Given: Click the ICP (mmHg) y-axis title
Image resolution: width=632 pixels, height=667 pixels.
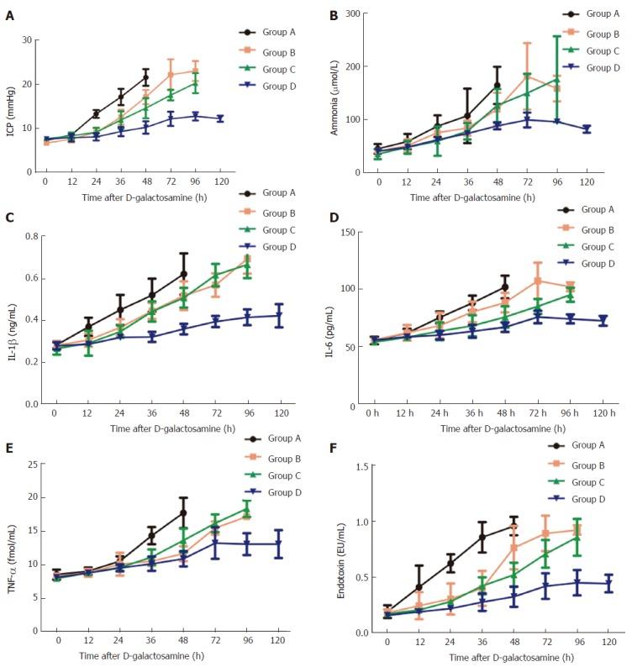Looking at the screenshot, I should pyautogui.click(x=11, y=105).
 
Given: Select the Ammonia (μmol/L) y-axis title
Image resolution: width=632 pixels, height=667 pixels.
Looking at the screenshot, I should pyautogui.click(x=333, y=92).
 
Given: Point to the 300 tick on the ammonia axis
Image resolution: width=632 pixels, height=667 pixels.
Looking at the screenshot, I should pyautogui.click(x=350, y=14).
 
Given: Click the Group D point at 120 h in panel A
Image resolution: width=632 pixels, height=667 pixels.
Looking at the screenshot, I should pyautogui.click(x=221, y=119).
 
